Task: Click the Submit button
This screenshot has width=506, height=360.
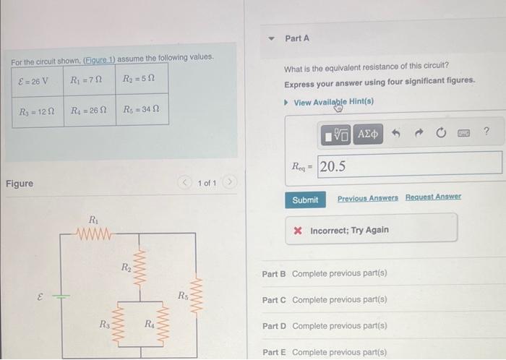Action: pyautogui.click(x=304, y=200)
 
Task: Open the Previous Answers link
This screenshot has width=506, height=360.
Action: pyautogui.click(x=367, y=197)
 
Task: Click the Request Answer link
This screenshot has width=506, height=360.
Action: pyautogui.click(x=433, y=197)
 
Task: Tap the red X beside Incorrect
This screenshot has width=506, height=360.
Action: pyautogui.click(x=298, y=230)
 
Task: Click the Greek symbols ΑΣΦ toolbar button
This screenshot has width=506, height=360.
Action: pyautogui.click(x=369, y=134)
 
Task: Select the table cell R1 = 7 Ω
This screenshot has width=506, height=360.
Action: pyautogui.click(x=90, y=80)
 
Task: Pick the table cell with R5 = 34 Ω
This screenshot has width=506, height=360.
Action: pyautogui.click(x=142, y=111)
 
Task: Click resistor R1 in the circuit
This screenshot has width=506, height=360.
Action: pyautogui.click(x=95, y=233)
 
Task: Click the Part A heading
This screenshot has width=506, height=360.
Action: pyautogui.click(x=297, y=38)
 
